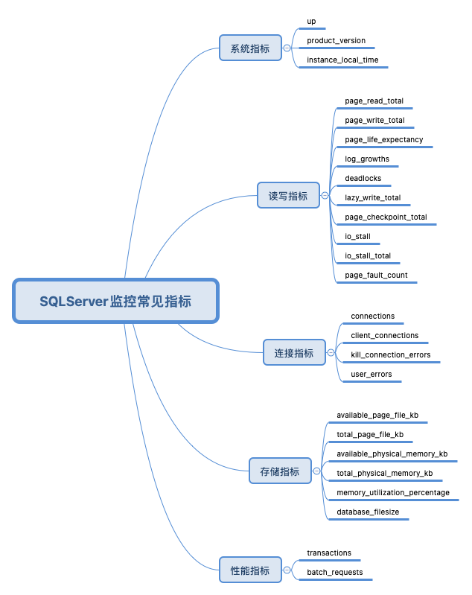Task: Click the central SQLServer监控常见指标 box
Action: pos(115,302)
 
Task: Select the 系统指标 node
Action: pos(250,48)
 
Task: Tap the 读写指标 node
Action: pos(288,196)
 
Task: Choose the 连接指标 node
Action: pos(294,353)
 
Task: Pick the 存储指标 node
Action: pos(280,471)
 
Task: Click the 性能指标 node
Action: pos(250,570)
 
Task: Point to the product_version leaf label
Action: pos(336,40)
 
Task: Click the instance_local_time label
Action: pos(342,60)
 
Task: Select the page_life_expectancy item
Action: pos(383,139)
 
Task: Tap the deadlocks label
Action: pos(363,179)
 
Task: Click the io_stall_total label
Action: pos(368,255)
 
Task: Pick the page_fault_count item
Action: pos(376,276)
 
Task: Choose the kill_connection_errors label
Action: pos(390,354)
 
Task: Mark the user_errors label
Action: pos(371,374)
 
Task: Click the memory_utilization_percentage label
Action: pos(392,492)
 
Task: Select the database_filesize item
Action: pos(368,512)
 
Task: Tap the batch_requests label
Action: pos(335,572)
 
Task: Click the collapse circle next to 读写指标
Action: pos(325,196)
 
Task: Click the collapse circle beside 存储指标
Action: pos(317,471)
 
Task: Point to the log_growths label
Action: pos(367,159)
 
